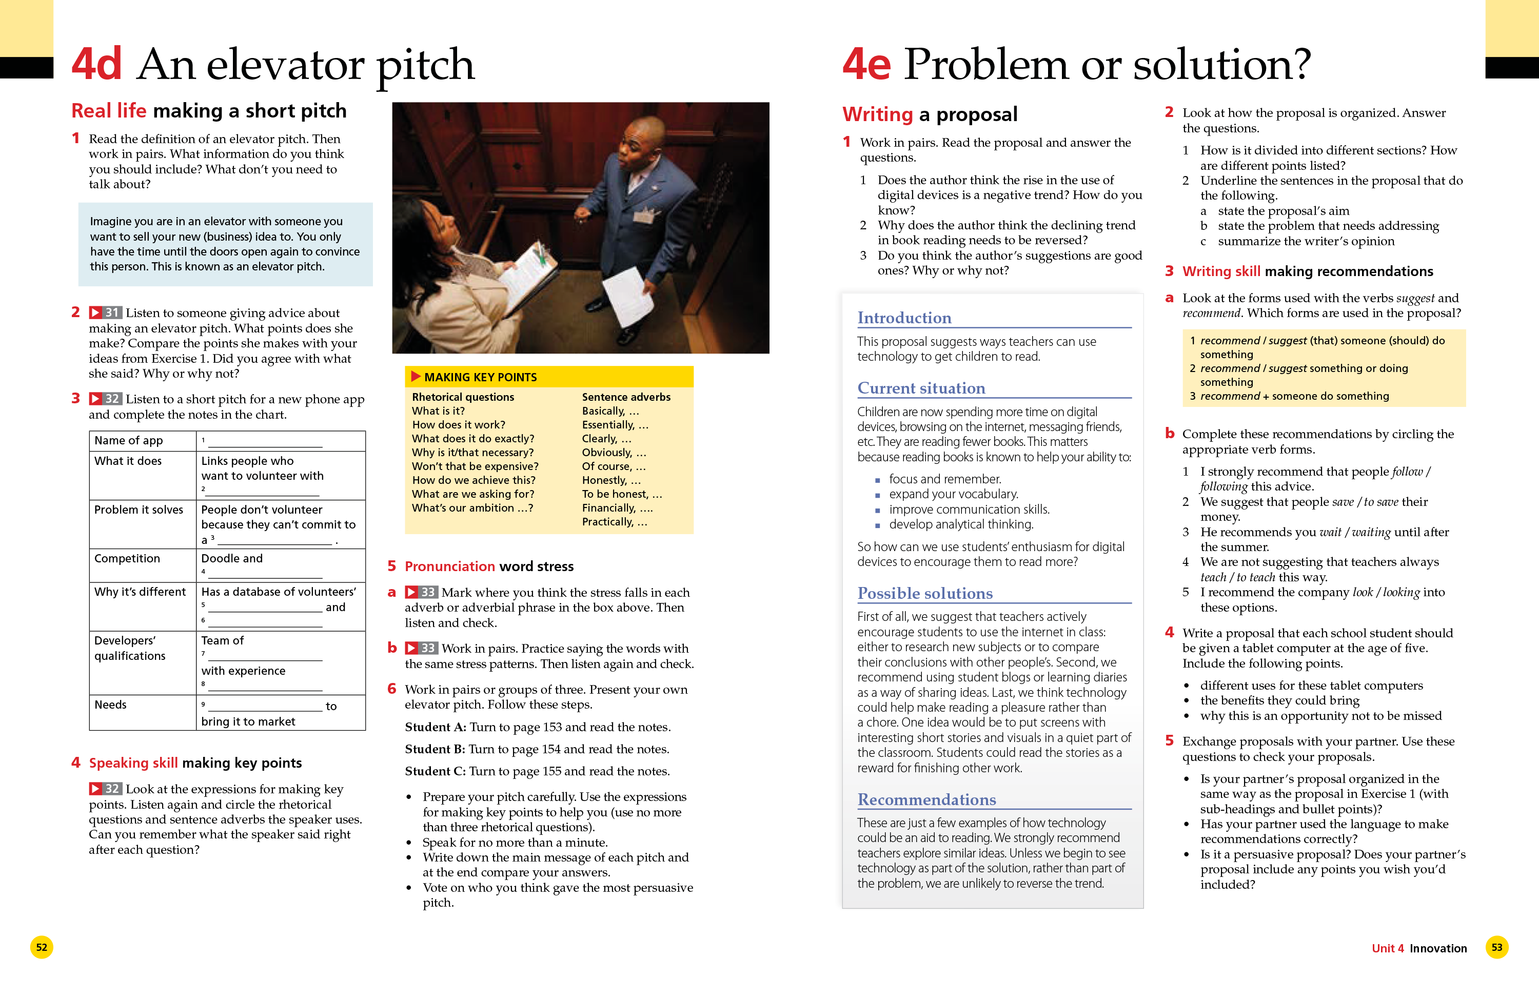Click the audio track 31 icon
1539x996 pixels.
105,313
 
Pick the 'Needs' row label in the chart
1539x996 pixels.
111,705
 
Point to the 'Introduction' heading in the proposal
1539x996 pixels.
904,318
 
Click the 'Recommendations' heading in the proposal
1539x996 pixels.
926,799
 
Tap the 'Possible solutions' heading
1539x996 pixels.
925,593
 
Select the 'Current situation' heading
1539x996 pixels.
921,388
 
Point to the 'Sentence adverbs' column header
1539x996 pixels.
626,397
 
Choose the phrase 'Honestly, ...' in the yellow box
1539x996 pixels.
611,480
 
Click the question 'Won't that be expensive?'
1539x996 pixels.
475,466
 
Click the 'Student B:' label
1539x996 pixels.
435,749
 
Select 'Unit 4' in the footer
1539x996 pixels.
1388,948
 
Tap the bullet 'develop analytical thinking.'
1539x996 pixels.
961,524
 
